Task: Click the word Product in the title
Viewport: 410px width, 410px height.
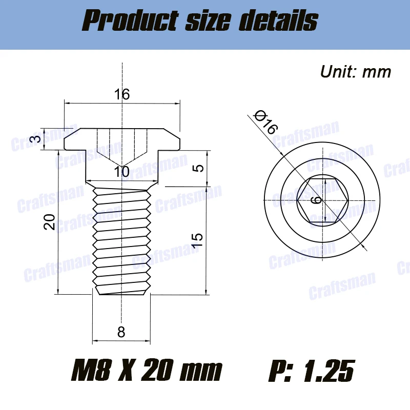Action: [127, 22]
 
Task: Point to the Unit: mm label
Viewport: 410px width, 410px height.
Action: [355, 71]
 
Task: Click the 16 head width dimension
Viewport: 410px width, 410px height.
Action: [122, 94]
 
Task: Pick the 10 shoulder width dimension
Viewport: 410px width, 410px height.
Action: [122, 172]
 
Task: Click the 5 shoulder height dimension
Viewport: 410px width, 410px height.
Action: [200, 168]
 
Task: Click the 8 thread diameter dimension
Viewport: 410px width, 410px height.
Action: [121, 332]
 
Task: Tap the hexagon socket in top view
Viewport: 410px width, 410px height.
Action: [323, 200]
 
